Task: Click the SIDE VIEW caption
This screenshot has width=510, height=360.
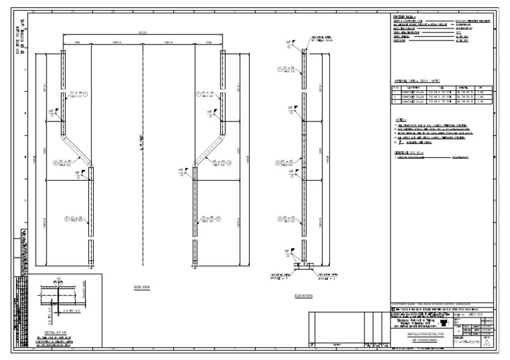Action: point(143,287)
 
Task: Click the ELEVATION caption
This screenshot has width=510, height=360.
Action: point(303,296)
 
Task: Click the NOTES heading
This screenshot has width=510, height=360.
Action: point(399,118)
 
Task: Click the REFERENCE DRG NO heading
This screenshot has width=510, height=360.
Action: point(409,151)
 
